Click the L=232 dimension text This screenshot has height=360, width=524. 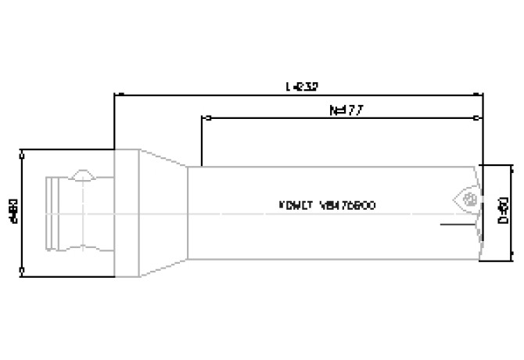click(x=302, y=85)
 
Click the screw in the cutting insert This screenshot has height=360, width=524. click(x=470, y=200)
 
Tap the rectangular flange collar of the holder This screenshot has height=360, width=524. click(x=127, y=211)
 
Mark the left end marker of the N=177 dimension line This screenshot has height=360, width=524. click(x=205, y=119)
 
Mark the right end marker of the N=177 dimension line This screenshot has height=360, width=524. click(x=479, y=119)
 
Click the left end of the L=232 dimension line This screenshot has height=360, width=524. click(x=115, y=94)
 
